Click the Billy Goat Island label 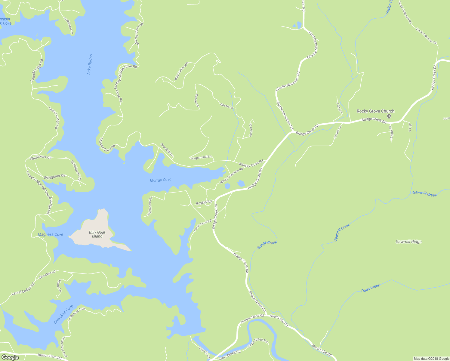click(97, 234)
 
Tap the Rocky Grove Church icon click(389, 116)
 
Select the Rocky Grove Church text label click(375, 111)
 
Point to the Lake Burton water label click(90, 64)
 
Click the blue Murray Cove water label click(161, 180)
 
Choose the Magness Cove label click(51, 234)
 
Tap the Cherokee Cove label click(63, 314)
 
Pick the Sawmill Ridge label click(408, 242)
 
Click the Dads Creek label click(371, 288)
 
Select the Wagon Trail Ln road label click(201, 157)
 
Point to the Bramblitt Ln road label click(167, 150)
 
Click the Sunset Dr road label click(251, 130)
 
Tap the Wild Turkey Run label click(181, 71)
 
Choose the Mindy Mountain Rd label click(231, 176)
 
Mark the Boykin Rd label click(204, 203)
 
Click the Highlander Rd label click(149, 206)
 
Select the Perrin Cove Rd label click(202, 225)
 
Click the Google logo click(10, 357)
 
